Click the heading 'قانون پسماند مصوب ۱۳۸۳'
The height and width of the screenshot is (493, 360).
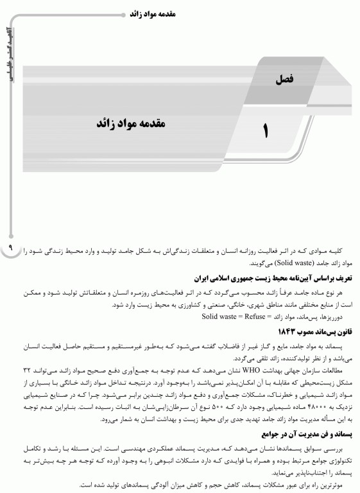click(313, 331)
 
